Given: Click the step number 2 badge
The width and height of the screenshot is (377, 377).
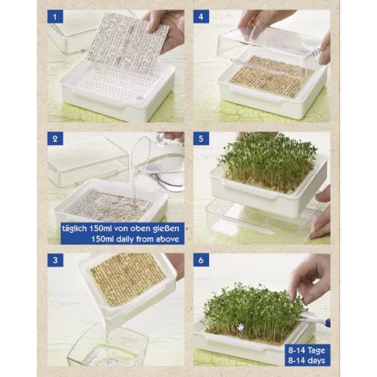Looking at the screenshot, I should coord(57,138).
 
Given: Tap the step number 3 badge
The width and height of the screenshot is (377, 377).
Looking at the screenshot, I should coord(57,260).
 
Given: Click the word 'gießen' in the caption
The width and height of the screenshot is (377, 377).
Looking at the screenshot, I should coord(162,228).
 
